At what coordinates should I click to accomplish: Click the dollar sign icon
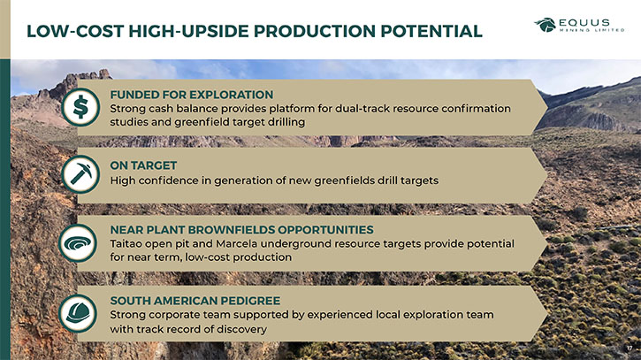click(x=80, y=107)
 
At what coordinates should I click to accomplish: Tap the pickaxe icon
click(x=80, y=174)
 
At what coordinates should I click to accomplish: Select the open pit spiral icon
click(x=78, y=243)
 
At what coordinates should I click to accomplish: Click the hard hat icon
click(x=78, y=314)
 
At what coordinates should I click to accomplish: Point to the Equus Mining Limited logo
click(x=579, y=25)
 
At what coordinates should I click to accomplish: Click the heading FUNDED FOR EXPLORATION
click(x=191, y=95)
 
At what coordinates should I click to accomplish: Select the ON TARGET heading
click(x=143, y=165)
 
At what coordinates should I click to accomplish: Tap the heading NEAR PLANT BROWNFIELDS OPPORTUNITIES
click(x=241, y=229)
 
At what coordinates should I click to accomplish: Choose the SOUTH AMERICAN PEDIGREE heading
click(x=195, y=301)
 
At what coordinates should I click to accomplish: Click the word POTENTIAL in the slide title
click(x=431, y=31)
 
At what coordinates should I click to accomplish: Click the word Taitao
click(x=126, y=244)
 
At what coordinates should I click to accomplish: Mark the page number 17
click(x=630, y=349)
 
